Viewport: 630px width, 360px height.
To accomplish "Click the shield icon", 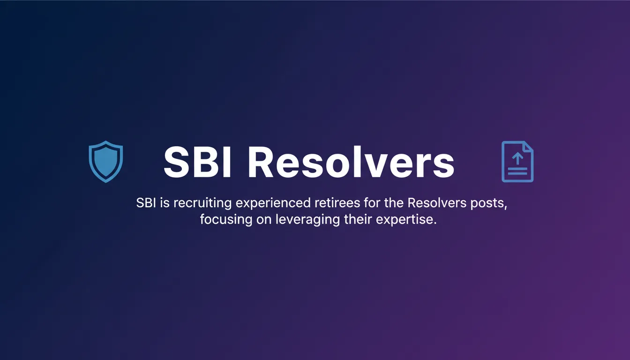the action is pyautogui.click(x=106, y=162).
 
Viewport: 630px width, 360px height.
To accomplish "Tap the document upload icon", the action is pyautogui.click(x=517, y=161).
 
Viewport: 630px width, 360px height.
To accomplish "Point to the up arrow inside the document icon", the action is pyautogui.click(x=517, y=158).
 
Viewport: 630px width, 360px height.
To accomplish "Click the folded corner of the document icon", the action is pyautogui.click(x=528, y=147).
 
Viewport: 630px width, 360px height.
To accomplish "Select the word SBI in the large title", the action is pyautogui.click(x=197, y=162).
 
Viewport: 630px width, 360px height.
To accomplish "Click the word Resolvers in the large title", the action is pyautogui.click(x=351, y=162).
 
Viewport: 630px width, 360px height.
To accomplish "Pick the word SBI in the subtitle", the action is pyautogui.click(x=146, y=203).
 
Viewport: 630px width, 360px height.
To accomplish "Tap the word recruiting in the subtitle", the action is pyautogui.click(x=202, y=203).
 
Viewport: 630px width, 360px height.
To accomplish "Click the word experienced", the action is pyautogui.click(x=273, y=203).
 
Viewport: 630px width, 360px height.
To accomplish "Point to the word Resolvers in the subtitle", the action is pyautogui.click(x=437, y=203).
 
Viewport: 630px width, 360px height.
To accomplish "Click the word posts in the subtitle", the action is pyautogui.click(x=487, y=203).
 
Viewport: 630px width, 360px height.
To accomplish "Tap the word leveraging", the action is pyautogui.click(x=307, y=220).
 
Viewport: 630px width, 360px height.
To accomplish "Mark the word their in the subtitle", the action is pyautogui.click(x=358, y=219).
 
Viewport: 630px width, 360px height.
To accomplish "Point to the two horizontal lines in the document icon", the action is pyautogui.click(x=517, y=171).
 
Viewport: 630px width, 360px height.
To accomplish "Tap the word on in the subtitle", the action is pyautogui.click(x=264, y=220).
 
